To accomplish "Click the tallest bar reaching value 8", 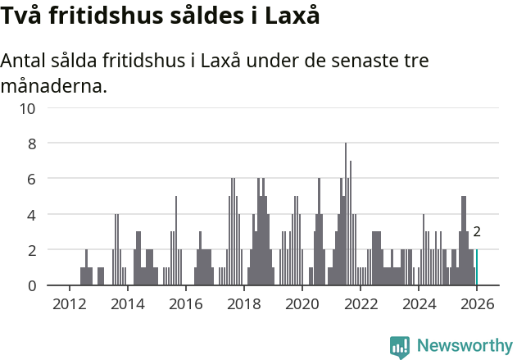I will (x=346, y=215).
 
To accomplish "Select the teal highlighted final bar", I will (x=477, y=267).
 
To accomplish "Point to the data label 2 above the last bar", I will (x=477, y=232).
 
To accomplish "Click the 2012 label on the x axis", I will (x=69, y=303).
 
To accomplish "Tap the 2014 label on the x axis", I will (x=127, y=303).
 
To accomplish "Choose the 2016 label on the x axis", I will (x=185, y=303).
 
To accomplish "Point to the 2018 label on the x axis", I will (x=243, y=303).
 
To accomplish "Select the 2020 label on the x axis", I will (x=302, y=303).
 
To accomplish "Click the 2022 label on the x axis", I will (x=360, y=303).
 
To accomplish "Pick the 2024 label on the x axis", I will (x=419, y=303).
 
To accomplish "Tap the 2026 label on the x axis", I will (x=477, y=303).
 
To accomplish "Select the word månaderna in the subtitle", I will (x=54, y=85).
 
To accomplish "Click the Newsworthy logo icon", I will (x=400, y=347).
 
